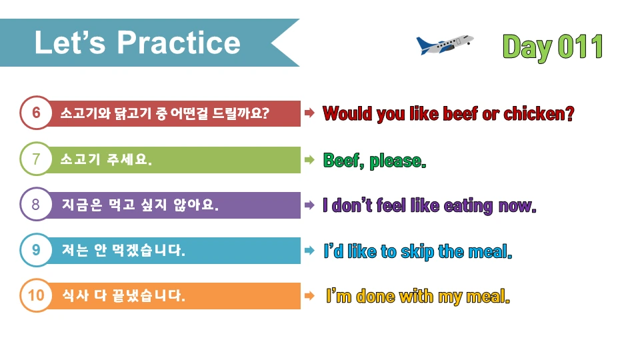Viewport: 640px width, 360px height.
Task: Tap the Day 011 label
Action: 553,47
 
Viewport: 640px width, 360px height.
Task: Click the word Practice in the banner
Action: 179,43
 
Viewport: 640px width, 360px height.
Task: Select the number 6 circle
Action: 36,113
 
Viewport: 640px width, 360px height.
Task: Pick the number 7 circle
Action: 36,159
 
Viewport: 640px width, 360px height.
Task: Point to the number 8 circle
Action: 36,205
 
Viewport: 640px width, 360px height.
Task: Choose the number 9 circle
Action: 36,250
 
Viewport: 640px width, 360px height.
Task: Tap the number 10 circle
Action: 36,295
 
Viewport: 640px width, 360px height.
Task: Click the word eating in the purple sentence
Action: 467,205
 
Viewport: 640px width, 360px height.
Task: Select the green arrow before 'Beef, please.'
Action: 309,160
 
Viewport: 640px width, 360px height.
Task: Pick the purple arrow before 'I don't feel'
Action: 309,205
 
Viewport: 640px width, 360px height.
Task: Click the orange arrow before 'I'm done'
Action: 309,295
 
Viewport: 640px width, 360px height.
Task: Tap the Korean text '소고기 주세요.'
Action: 106,160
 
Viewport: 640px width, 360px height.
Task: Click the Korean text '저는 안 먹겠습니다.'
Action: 123,251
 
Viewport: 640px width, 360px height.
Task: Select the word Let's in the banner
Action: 71,43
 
